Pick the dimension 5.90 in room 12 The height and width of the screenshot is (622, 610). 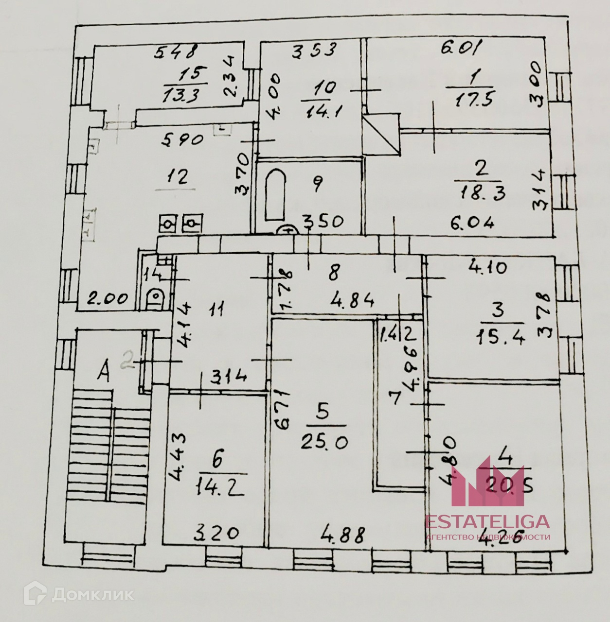click(182, 141)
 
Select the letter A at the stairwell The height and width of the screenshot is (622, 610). click(103, 373)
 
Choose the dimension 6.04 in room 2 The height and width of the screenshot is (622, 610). click(472, 223)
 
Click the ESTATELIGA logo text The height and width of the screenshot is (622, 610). click(487, 521)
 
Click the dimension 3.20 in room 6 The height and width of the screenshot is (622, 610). click(216, 534)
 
